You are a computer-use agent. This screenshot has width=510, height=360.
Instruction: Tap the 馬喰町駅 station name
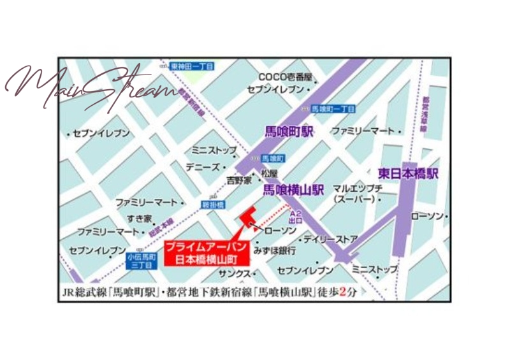[x=290, y=132]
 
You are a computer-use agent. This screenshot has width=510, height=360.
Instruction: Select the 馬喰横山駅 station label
[x=294, y=190]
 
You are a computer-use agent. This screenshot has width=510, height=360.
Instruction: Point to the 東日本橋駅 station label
[x=407, y=173]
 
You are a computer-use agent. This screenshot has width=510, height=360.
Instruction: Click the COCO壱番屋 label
[x=285, y=78]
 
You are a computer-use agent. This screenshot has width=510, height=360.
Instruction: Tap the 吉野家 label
[x=240, y=180]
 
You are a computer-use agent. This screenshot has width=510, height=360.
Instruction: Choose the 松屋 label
[x=269, y=173]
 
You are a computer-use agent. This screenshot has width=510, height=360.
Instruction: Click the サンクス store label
[x=233, y=273]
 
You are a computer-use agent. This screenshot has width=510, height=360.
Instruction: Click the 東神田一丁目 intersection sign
[x=193, y=66]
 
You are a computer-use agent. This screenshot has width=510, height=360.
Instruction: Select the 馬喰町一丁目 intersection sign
[x=334, y=109]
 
